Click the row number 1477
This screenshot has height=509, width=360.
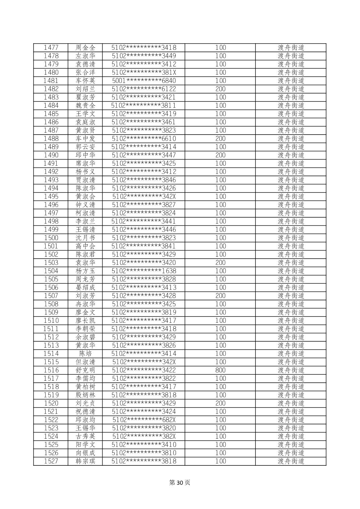tap(51, 48)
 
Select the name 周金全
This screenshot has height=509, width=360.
tap(85, 48)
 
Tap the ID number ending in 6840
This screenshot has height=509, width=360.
tap(144, 81)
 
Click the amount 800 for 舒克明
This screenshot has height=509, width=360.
tap(221, 370)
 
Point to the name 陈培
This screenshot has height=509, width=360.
tap(85, 354)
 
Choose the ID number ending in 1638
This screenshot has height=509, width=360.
tap(144, 271)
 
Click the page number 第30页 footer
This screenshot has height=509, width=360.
tap(180, 483)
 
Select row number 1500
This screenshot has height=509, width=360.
tap(51, 238)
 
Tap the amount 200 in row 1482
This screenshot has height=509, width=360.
tap(221, 89)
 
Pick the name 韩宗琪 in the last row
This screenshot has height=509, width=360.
tap(85, 461)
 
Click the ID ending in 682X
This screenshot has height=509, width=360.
tap(144, 420)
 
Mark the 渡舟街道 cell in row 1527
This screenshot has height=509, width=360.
tap(291, 461)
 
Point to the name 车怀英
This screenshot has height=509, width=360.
tap(85, 81)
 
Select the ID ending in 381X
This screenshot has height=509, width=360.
tap(144, 72)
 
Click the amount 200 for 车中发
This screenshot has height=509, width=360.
tap(221, 139)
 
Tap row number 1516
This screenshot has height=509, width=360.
tap(51, 370)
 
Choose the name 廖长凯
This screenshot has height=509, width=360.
tap(85, 320)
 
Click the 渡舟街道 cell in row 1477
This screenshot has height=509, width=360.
tap(291, 48)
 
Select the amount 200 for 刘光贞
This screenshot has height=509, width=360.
tap(221, 403)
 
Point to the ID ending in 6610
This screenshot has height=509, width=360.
tap(144, 139)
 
